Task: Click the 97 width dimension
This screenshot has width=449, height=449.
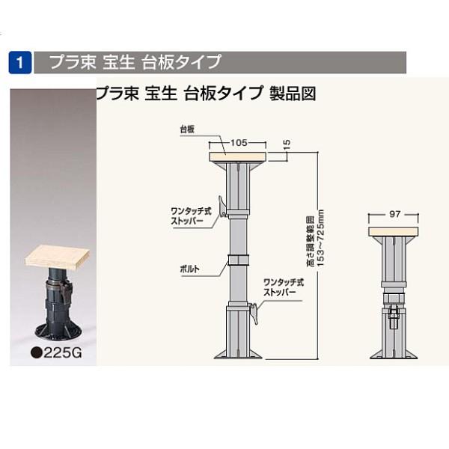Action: (x=394, y=215)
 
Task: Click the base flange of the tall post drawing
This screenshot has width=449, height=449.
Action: (x=239, y=354)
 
